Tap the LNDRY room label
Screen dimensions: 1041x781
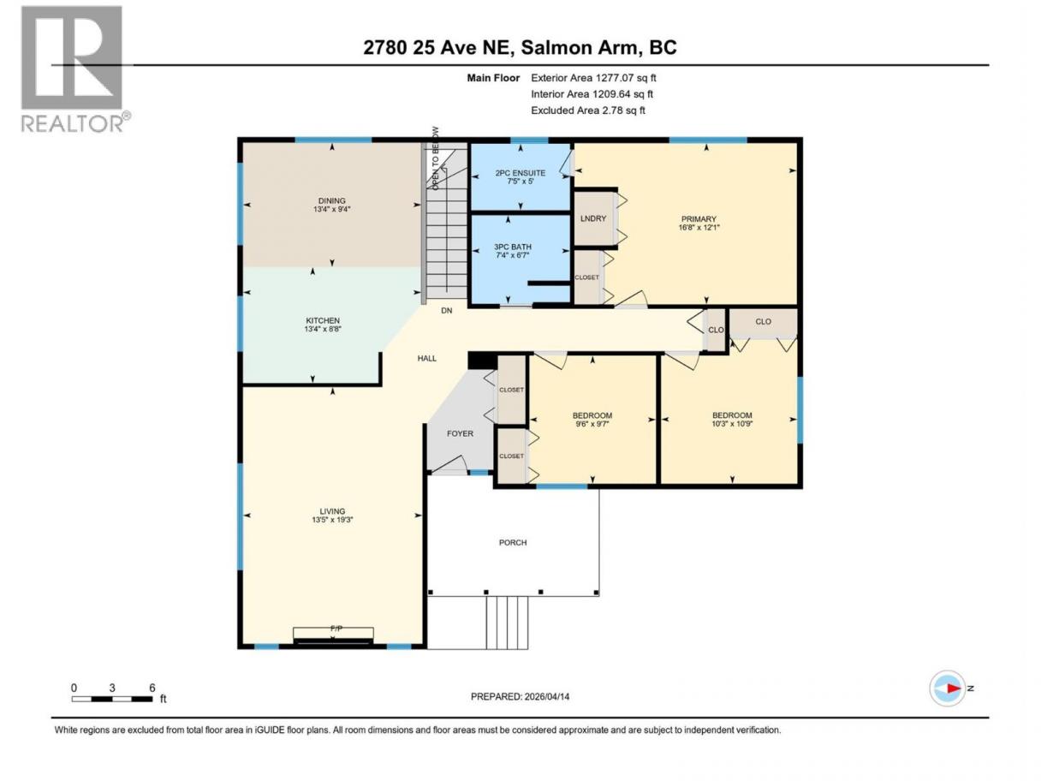pos(592,218)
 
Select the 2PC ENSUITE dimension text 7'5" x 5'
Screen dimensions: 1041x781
pos(520,182)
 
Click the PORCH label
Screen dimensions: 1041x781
pos(513,542)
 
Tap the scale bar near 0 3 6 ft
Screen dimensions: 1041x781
pos(112,699)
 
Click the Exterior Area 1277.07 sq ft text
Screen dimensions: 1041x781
pos(593,78)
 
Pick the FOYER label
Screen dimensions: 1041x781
pos(460,433)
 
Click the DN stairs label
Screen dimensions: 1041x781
pos(446,311)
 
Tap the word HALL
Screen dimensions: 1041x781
pos(427,359)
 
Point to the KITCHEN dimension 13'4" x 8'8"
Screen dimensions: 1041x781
pos(323,329)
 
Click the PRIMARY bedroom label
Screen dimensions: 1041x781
pos(699,219)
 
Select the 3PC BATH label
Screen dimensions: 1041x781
pos(513,247)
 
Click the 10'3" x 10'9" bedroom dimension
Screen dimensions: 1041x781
pos(732,424)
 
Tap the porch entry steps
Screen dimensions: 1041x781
pos(507,623)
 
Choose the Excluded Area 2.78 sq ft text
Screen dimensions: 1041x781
pos(588,110)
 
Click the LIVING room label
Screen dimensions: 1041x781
pos(332,511)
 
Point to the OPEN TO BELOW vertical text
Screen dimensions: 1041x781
pos(436,158)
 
